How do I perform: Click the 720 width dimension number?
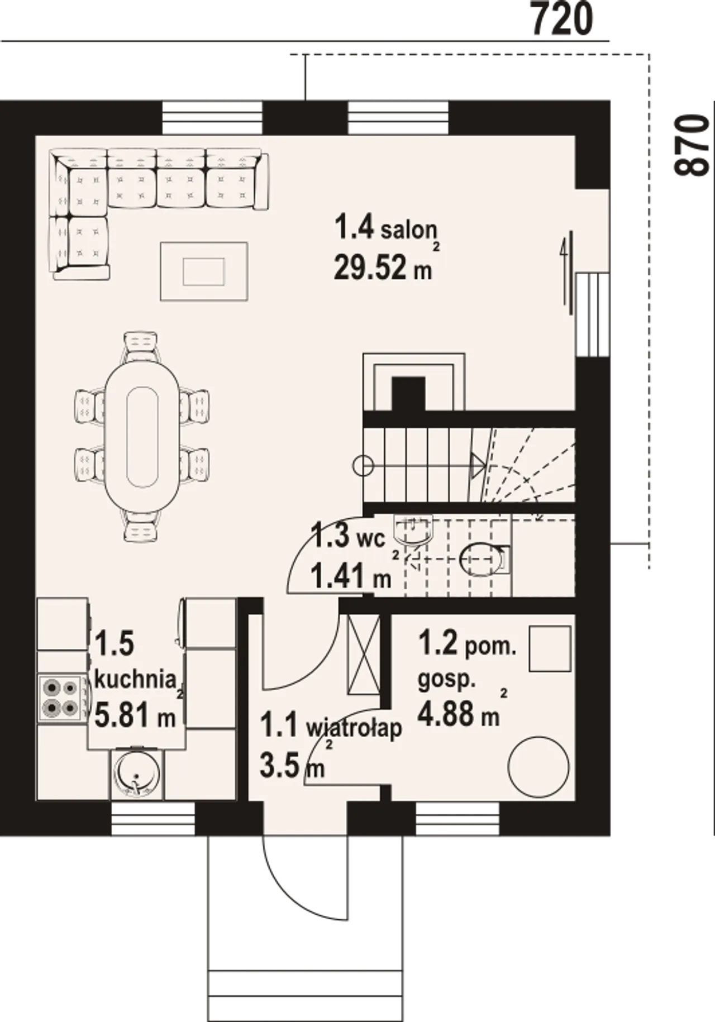coord(561,20)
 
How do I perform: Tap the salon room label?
coord(385,228)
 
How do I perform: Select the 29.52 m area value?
coord(383,267)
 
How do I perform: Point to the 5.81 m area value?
coord(135,715)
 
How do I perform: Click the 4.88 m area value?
coord(458,714)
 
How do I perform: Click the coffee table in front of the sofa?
coord(204,271)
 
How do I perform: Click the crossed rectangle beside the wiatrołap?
coord(364,655)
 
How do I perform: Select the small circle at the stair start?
coord(363,465)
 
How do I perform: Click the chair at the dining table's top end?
coord(140,347)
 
